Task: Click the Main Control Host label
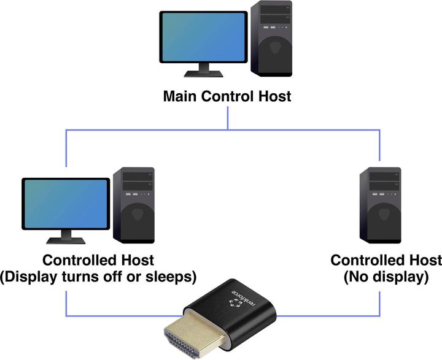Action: (x=227, y=96)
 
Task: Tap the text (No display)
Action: (x=386, y=277)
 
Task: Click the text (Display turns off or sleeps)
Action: (x=98, y=277)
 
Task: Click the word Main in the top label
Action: (x=179, y=96)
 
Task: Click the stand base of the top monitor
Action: (x=204, y=74)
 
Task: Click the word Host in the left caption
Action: (x=138, y=260)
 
